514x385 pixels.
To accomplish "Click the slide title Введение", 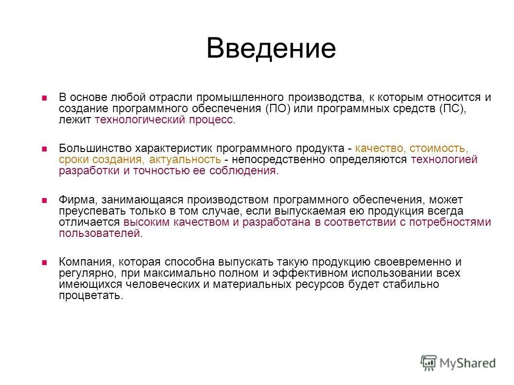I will coord(271,49).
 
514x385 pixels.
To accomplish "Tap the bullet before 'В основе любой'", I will coord(44,98).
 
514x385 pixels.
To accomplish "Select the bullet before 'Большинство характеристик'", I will coord(44,149).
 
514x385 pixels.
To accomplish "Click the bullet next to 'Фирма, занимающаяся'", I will coord(44,200).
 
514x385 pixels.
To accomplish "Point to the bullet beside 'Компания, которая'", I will coord(44,262).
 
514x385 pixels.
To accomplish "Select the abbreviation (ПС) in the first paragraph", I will coord(452,109).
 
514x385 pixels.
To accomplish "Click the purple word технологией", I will coord(444,159).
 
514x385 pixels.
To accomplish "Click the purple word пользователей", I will coord(100,234).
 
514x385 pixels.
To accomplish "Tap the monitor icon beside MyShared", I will coord(428,362).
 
